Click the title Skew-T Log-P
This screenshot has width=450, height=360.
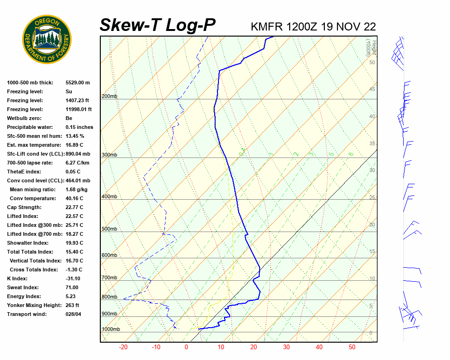coord(157,25)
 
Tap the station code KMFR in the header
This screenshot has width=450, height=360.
coord(267,27)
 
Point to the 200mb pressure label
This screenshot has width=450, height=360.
coord(109,96)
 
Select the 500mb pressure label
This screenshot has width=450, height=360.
coord(109,229)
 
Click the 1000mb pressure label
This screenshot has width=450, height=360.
coord(111,329)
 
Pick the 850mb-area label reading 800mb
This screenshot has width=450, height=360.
coord(109,297)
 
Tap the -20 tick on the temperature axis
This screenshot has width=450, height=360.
coord(123,347)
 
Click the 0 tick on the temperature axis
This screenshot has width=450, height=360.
coord(186,347)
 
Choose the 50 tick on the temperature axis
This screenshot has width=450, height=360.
coord(352,347)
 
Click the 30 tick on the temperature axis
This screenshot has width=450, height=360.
coord(286,347)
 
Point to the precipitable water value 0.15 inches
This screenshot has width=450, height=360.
coord(79,127)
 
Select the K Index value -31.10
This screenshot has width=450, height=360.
coord(74,278)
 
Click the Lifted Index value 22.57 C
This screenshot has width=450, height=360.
coord(74,216)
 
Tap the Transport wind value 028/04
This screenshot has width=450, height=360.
coord(74,314)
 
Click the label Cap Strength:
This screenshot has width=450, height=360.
coord(24,207)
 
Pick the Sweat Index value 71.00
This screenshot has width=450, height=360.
coord(72,287)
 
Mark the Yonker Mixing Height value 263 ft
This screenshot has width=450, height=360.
coord(73,305)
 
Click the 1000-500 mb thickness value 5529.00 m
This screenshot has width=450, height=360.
coord(78,82)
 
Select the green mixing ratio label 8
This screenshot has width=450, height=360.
coord(351,154)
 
